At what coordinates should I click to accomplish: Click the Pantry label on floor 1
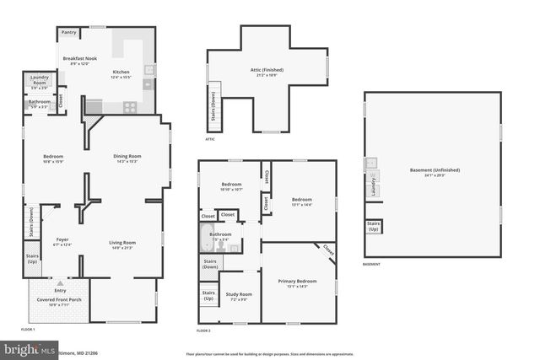click(68, 32)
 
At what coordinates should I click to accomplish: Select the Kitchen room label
click(121, 74)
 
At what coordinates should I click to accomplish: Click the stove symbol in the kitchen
click(131, 106)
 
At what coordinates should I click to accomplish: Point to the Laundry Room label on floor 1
click(40, 80)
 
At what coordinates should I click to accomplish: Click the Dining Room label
click(127, 159)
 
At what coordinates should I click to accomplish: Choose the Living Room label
click(122, 244)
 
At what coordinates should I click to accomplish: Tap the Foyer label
click(62, 241)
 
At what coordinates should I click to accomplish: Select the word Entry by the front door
click(59, 291)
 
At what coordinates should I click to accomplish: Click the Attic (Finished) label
click(267, 72)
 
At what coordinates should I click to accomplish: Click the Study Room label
click(239, 297)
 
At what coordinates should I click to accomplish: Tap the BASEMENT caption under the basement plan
click(371, 265)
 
